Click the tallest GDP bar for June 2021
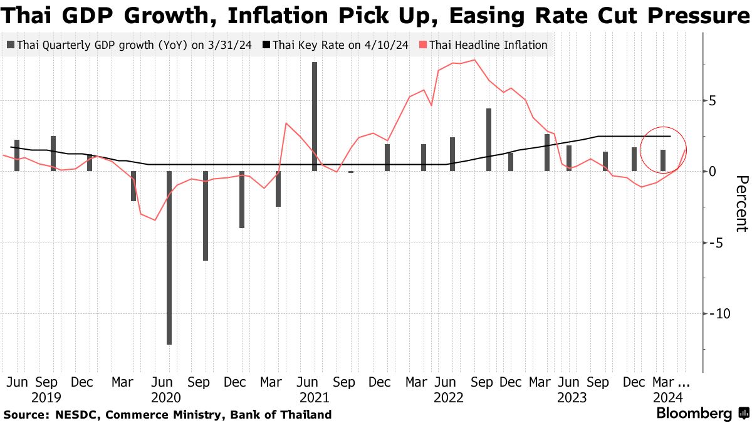314,117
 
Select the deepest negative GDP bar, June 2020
169,258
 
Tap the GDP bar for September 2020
205,216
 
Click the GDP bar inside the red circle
663,160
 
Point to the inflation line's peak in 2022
474,60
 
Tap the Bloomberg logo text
694,414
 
